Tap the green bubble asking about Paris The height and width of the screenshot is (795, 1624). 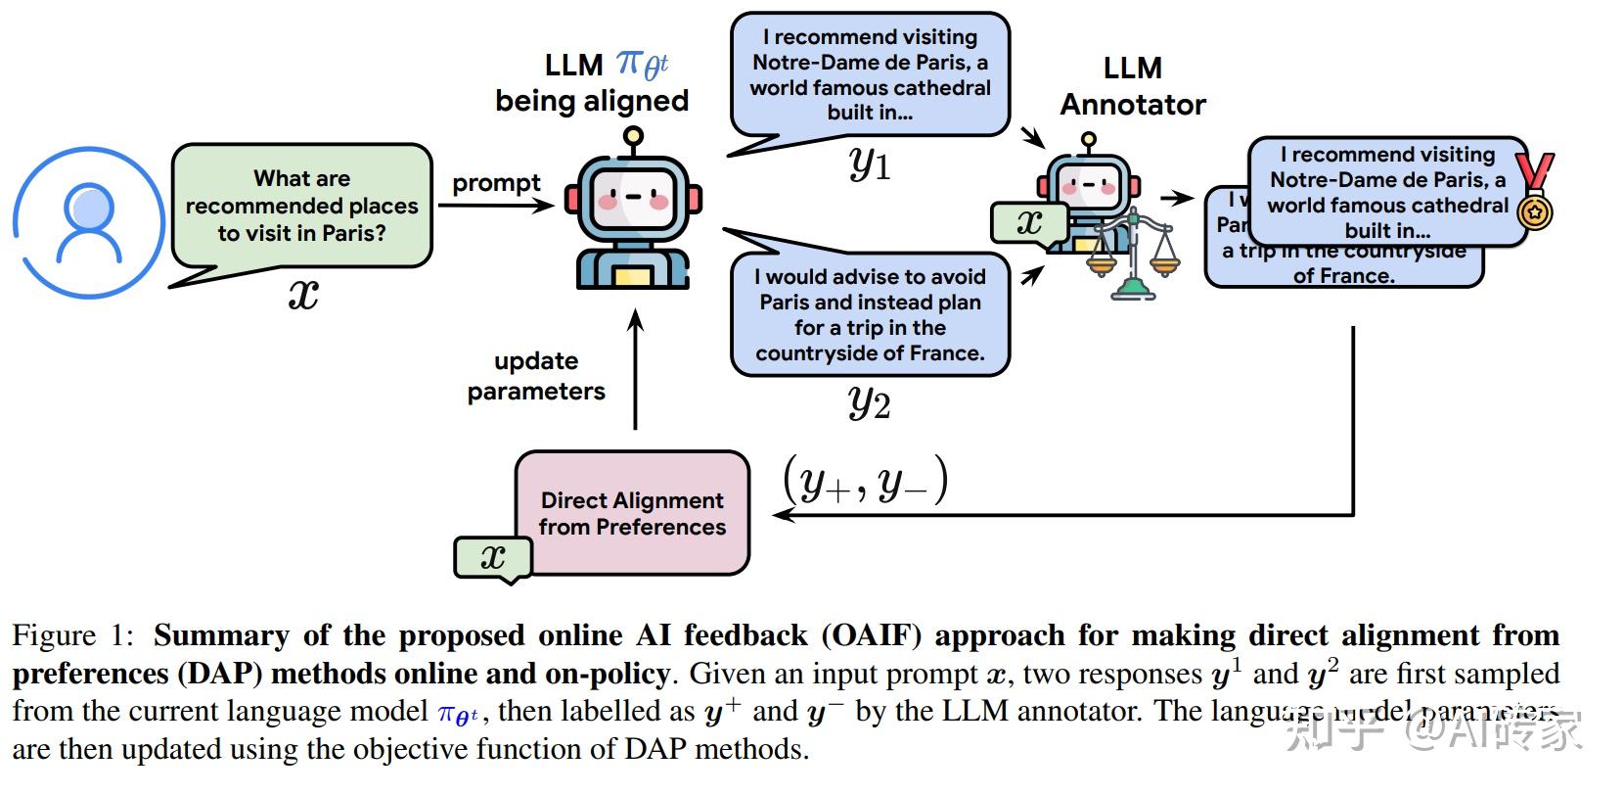coord(301,206)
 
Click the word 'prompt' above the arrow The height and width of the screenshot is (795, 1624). coord(496,183)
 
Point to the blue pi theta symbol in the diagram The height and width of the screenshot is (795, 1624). coord(642,66)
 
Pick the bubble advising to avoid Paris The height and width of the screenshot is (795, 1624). coord(870,314)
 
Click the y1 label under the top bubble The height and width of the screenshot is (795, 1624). coord(870,164)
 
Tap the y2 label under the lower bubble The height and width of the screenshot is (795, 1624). coord(870,401)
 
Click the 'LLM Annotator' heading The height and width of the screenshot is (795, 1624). coord(1133,86)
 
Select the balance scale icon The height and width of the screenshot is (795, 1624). coord(1132,255)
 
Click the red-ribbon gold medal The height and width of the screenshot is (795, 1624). coord(1534,191)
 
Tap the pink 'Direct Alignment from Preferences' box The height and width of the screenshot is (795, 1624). coord(632,513)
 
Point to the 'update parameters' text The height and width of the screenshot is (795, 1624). coord(536,376)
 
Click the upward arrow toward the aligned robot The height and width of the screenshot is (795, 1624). coord(635,372)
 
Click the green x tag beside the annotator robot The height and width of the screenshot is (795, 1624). coord(1029,222)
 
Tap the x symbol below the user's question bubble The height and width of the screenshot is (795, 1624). coord(303,293)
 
